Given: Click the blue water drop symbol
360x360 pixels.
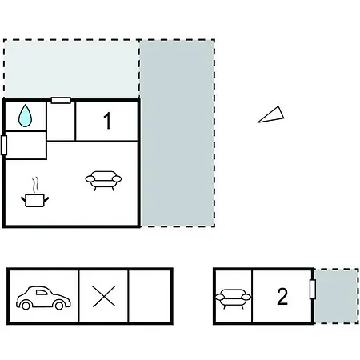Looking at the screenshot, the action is point(25,116).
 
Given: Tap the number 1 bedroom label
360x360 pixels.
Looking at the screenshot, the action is point(107,121).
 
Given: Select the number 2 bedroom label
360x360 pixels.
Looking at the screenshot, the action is point(282,296).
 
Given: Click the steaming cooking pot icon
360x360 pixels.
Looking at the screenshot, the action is point(35,194).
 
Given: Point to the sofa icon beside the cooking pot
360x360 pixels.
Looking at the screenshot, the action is point(103,180).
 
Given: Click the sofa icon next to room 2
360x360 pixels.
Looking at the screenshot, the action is point(233,298).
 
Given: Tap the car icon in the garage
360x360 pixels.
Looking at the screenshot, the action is point(43,298).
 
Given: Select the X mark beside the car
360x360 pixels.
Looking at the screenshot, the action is point(104,296).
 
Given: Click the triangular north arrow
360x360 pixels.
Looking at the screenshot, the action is point(271,114).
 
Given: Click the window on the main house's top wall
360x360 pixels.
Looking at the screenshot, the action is point(61,101).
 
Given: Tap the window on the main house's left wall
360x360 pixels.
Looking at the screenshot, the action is point(4,145).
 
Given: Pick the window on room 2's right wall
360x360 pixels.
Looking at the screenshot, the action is point(313,290).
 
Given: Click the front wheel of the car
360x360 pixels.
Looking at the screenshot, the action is point(59,305).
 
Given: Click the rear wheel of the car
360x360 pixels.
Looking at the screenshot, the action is point(26,305).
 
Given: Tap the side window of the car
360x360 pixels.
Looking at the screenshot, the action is point(42,293).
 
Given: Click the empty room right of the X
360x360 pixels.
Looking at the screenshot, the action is point(150,296).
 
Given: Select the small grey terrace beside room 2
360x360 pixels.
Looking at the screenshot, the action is point(337,296).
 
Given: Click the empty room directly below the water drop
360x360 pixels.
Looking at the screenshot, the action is point(26,145).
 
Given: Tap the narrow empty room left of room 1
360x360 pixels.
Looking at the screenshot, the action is point(61,121).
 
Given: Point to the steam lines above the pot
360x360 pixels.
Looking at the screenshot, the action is point(36,185).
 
